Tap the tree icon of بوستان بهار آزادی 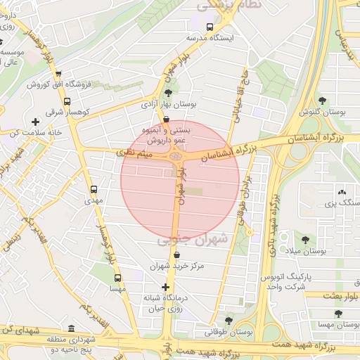(x=167, y=92)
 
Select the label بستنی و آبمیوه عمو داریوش (x=166, y=134)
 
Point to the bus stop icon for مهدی (x=94, y=189)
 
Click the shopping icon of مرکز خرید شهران (x=165, y=255)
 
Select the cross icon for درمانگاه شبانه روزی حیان (x=165, y=287)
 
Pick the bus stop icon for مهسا (x=117, y=278)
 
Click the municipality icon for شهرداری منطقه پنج (x=71, y=328)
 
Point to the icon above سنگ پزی (x=342, y=191)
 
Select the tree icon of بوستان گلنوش (x=323, y=101)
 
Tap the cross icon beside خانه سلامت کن (x=35, y=122)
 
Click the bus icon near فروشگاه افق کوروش (x=58, y=73)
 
